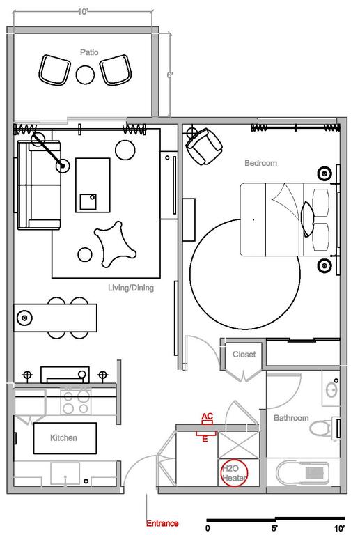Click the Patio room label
[x=88, y=52]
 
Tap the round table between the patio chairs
[x=86, y=73]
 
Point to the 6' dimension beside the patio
[x=169, y=74]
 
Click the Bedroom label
[x=260, y=163]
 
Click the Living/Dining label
[x=131, y=288]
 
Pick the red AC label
[x=207, y=417]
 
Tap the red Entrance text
[x=162, y=523]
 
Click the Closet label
[x=244, y=354]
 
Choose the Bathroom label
[x=290, y=418]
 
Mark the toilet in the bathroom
[x=322, y=427]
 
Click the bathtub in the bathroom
[x=306, y=473]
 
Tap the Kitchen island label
[x=63, y=438]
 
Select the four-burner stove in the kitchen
[x=76, y=400]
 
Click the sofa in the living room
[x=38, y=185]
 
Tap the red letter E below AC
[x=205, y=440]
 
